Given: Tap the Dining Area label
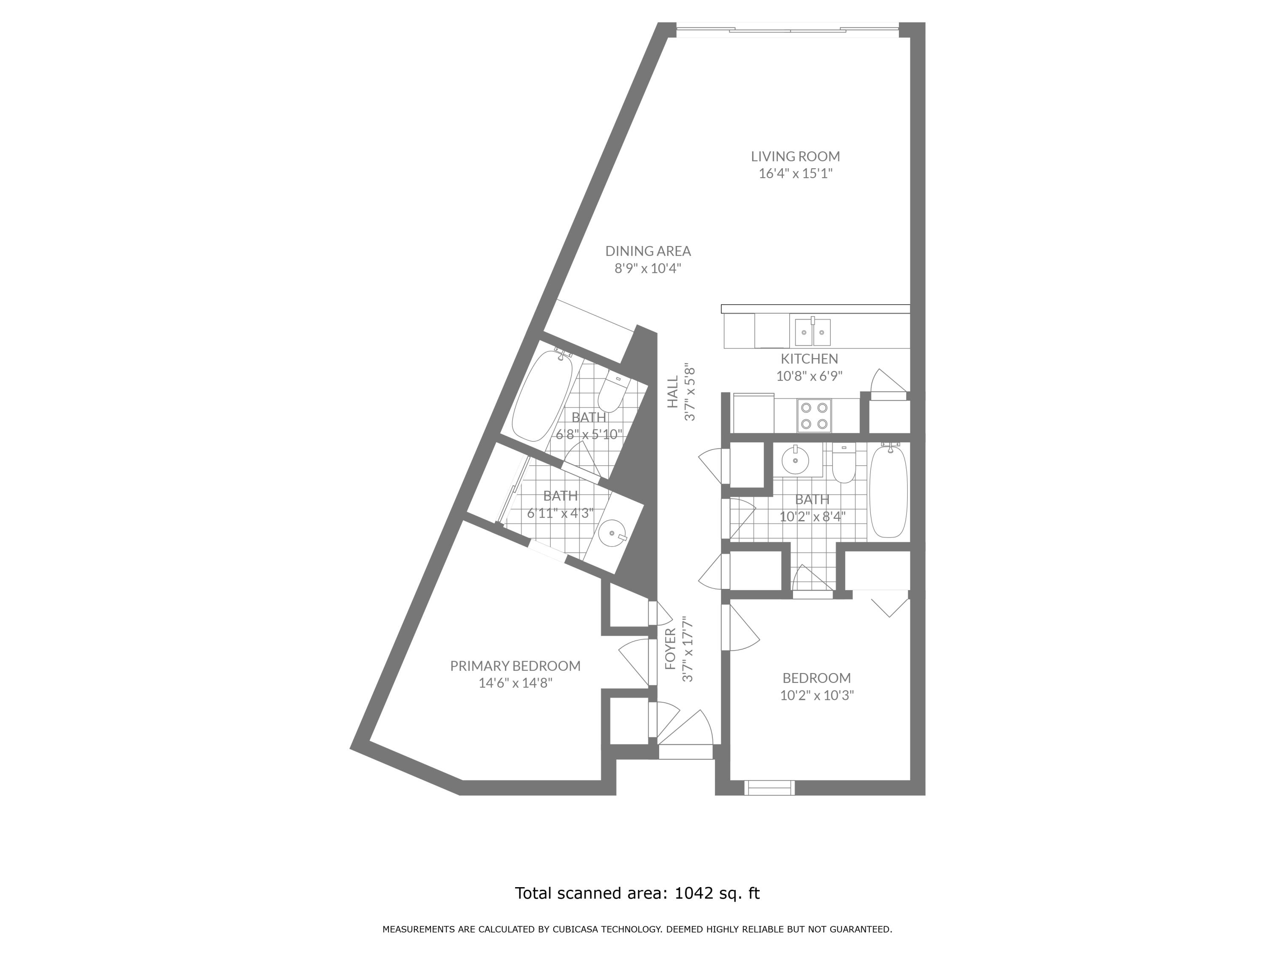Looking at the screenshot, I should coord(648,251).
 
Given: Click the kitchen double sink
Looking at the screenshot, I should coord(813,333).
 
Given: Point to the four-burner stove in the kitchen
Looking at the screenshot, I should coord(814,416).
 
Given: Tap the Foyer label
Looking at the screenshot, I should coord(670,649).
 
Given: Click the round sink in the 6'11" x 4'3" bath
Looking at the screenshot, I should coord(612,534).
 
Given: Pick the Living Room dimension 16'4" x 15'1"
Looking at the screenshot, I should coord(796,173).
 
